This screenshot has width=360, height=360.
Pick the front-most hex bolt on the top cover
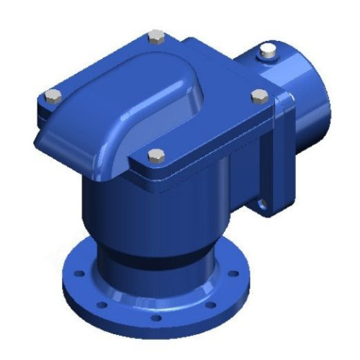pyautogui.click(x=153, y=153)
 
